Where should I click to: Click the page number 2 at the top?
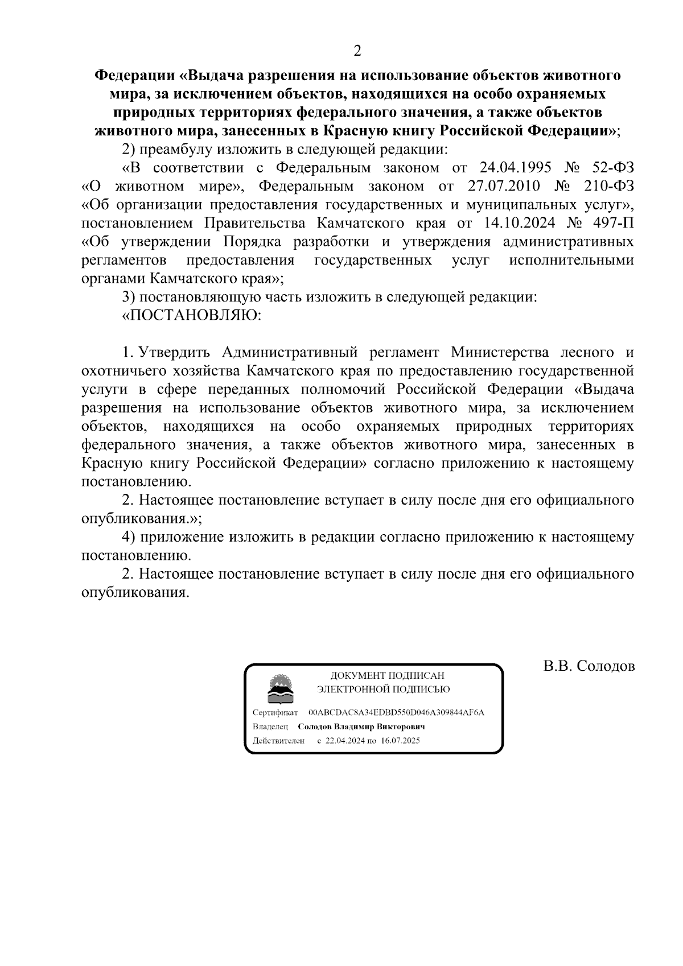357,51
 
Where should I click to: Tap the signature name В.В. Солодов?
589,666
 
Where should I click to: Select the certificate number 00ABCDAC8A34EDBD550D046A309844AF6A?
396,713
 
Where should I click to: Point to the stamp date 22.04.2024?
344,741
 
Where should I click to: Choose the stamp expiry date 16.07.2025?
401,741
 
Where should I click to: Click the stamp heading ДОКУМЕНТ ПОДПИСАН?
387,676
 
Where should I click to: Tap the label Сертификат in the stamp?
275,713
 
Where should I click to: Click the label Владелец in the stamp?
270,727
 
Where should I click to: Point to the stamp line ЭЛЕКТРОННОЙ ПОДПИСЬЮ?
384,690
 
